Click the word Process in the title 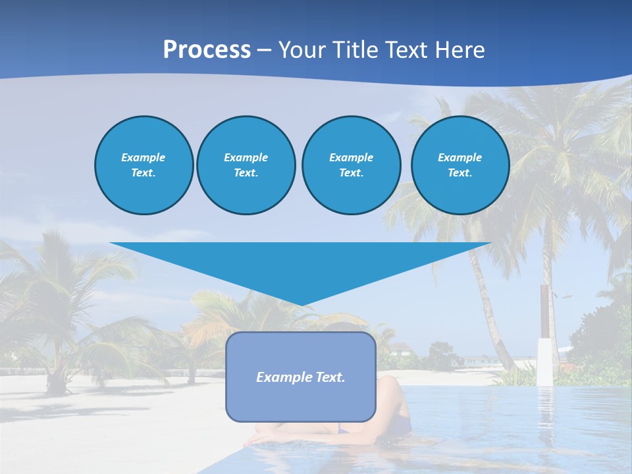tap(207, 50)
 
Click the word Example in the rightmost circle tap(460, 157)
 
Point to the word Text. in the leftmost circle tap(144, 172)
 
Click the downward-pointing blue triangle tap(300, 263)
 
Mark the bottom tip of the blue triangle tap(301, 304)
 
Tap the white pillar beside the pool tap(544, 362)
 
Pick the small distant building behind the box tap(400, 350)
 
